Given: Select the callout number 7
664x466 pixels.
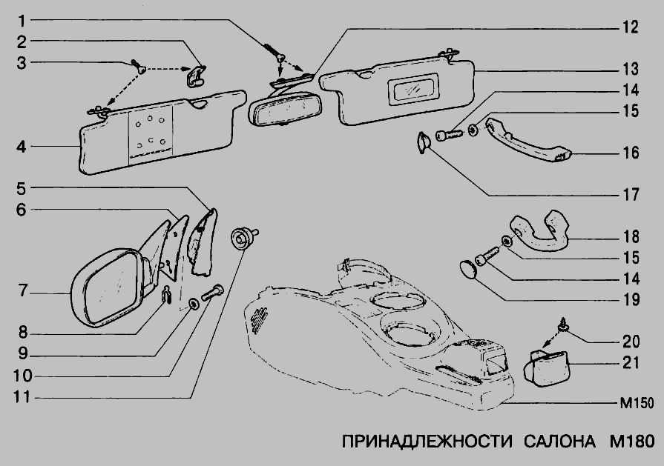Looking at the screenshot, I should coord(23,292).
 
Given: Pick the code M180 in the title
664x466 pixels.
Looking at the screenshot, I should coord(628,442).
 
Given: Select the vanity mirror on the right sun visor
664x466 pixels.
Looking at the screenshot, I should coord(413,91).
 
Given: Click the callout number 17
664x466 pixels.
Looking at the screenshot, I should coord(631,196).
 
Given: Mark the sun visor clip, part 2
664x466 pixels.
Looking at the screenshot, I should coord(195,75).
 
